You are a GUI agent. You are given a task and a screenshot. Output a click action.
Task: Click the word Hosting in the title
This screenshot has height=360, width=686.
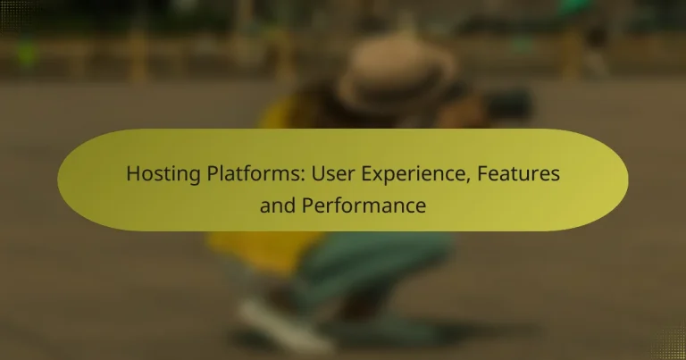pyautogui.click(x=163, y=175)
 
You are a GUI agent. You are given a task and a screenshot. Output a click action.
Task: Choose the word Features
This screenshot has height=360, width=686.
pyautogui.click(x=518, y=173)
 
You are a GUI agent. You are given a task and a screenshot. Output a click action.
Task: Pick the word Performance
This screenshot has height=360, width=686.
pyautogui.click(x=364, y=205)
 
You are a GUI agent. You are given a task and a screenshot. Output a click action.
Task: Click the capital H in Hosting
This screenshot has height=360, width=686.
pyautogui.click(x=133, y=173)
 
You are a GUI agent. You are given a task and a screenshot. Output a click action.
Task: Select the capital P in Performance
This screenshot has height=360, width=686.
pyautogui.click(x=307, y=205)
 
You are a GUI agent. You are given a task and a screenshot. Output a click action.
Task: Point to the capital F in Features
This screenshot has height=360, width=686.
pyautogui.click(x=482, y=173)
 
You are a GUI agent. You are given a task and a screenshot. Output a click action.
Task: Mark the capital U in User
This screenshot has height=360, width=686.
pyautogui.click(x=318, y=173)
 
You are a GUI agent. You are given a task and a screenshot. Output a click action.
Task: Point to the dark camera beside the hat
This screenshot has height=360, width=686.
pyautogui.click(x=507, y=105)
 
